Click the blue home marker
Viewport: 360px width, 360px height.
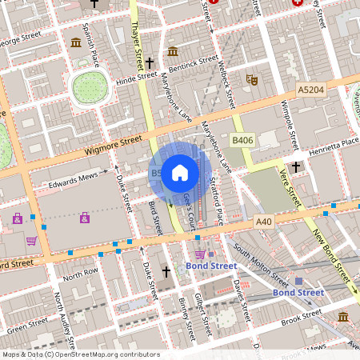(x=180, y=172)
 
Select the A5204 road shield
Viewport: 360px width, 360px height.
(x=312, y=91)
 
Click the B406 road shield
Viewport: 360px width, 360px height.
(x=242, y=140)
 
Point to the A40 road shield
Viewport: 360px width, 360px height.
(x=265, y=220)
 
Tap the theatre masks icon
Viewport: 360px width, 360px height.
(x=251, y=79)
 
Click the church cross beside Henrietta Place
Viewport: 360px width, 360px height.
(x=296, y=166)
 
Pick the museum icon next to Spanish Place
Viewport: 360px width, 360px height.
(x=76, y=42)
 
